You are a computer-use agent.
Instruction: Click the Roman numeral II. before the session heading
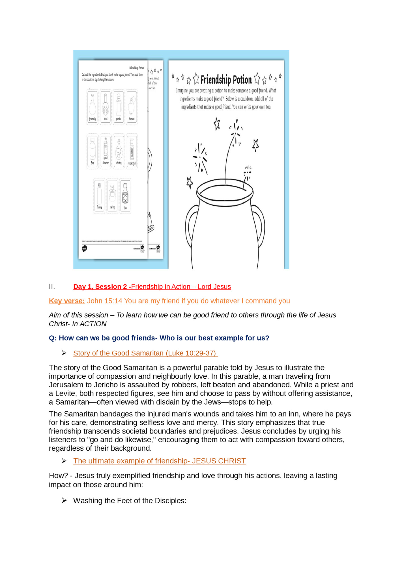pyautogui.click(x=52, y=286)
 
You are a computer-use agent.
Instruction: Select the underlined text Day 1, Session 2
pyautogui.click(x=100, y=286)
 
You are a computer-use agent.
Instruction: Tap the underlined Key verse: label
pyautogui.click(x=67, y=301)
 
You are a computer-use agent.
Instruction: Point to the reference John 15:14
pyautogui.click(x=104, y=301)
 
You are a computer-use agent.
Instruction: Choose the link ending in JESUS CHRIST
pyautogui.click(x=160, y=461)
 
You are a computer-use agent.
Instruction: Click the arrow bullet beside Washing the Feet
pyautogui.click(x=64, y=500)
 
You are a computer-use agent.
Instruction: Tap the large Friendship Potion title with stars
pyautogui.click(x=226, y=79)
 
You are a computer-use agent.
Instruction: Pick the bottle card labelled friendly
pyautogui.click(x=93, y=107)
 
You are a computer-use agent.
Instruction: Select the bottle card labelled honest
pyautogui.click(x=132, y=107)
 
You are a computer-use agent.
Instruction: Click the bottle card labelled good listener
pyautogui.click(x=106, y=151)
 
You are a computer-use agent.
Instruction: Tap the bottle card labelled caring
pyautogui.click(x=112, y=196)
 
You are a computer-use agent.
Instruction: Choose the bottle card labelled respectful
pyautogui.click(x=132, y=151)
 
